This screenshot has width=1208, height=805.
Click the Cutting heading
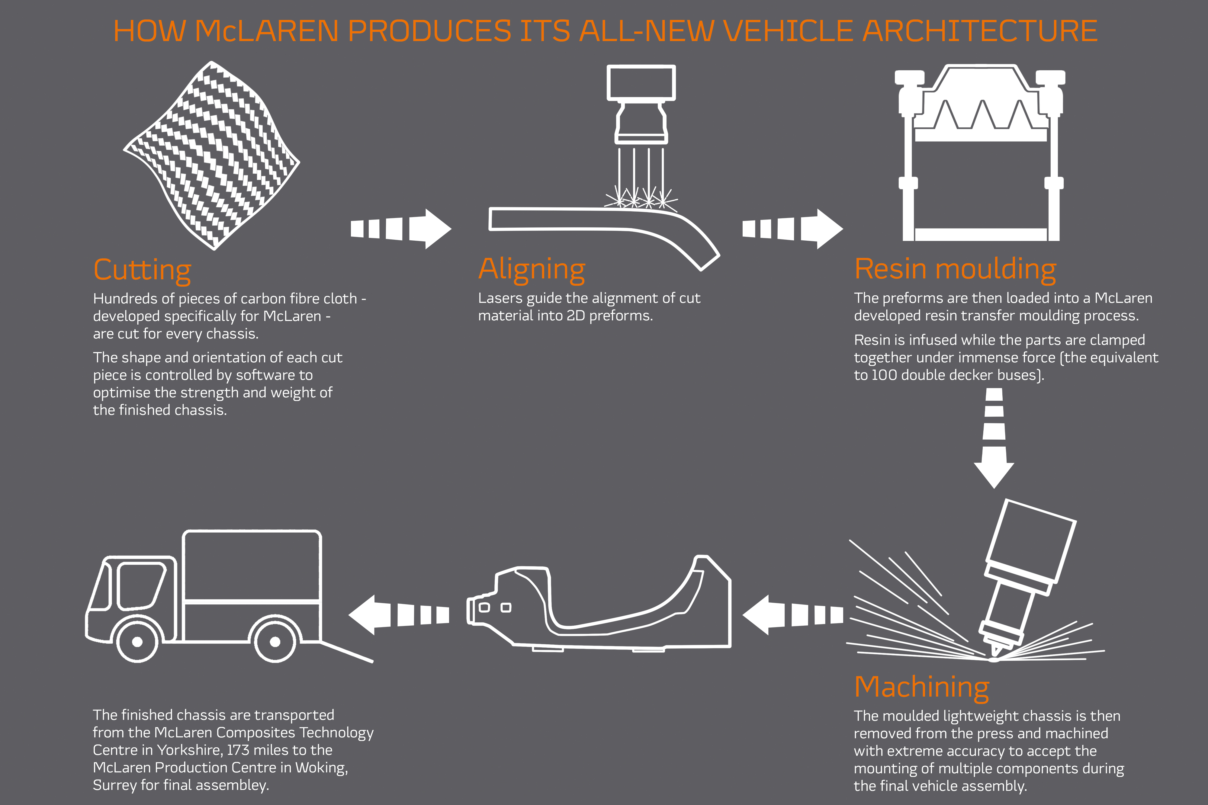142,270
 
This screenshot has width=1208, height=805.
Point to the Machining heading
921,687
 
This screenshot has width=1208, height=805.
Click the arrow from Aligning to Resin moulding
792,229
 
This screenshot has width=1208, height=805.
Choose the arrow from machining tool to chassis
792,614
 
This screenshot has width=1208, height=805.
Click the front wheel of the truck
137,642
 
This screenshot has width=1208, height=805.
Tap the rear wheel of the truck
275,642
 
